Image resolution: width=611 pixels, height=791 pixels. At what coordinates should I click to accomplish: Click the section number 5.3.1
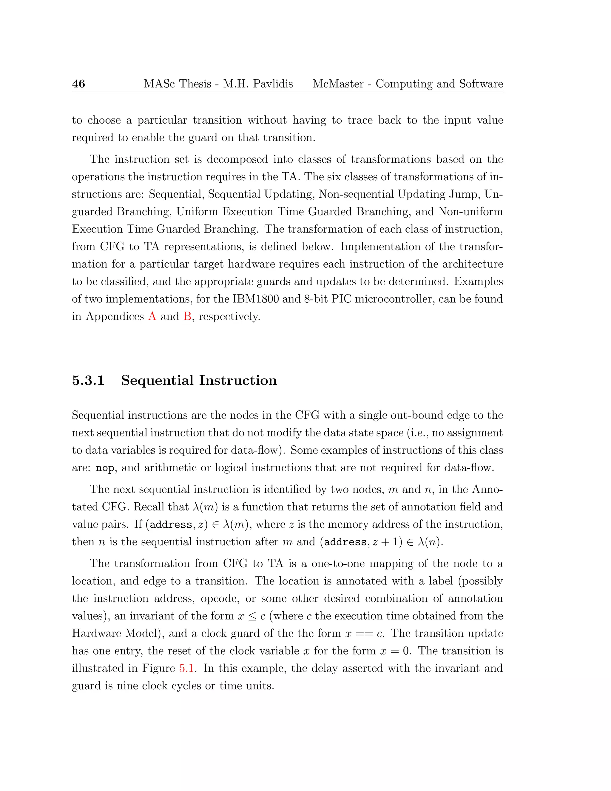pos(88,380)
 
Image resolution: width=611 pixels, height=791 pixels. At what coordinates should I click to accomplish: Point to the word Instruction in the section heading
pos(238,380)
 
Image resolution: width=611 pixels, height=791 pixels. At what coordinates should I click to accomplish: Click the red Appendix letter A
pos(152,316)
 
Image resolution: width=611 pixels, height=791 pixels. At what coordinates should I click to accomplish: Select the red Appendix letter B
pos(187,316)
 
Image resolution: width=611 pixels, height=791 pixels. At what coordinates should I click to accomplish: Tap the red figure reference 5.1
pos(187,668)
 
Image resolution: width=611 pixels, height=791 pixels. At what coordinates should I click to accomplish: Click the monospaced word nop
pos(105,468)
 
